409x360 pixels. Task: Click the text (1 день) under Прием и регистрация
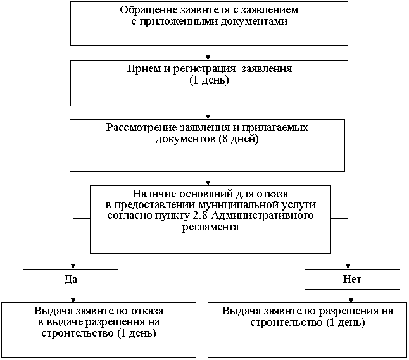(x=209, y=80)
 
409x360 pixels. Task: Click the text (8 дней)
(x=239, y=139)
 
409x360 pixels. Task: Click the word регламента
(x=210, y=227)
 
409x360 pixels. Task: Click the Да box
(x=70, y=279)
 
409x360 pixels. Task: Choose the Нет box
(x=352, y=279)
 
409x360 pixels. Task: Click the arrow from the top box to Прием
(x=208, y=53)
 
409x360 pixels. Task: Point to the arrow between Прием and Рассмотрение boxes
(x=208, y=113)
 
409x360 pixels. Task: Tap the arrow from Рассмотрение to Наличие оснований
(x=208, y=179)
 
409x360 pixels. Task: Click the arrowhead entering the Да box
(x=73, y=266)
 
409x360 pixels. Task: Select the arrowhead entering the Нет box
(x=348, y=266)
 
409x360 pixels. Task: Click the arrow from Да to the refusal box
(x=73, y=295)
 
